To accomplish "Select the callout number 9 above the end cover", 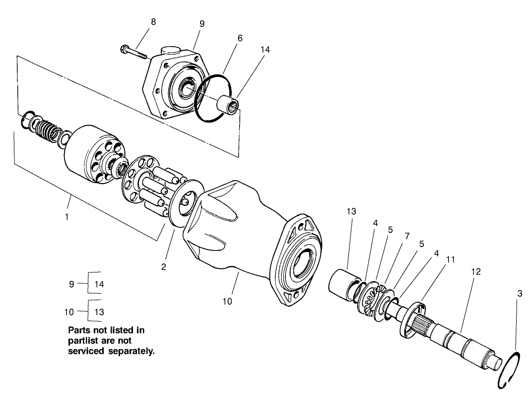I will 202,23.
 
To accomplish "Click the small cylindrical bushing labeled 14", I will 229,104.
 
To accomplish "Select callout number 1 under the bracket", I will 66,217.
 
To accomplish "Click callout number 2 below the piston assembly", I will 163,266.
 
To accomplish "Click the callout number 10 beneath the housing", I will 227,301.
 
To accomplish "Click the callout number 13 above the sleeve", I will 351,211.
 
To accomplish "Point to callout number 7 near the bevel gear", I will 407,236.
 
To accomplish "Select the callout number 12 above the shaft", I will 475,272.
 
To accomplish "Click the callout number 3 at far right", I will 520,293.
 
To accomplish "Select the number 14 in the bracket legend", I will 99,284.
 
